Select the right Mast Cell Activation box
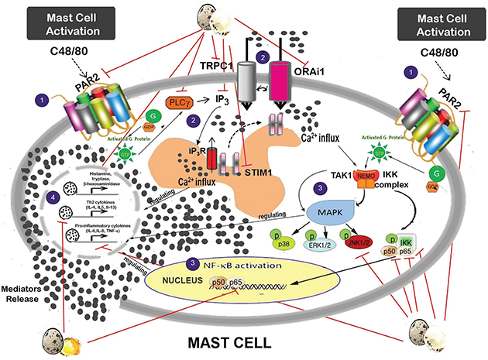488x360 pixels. (427, 25)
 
